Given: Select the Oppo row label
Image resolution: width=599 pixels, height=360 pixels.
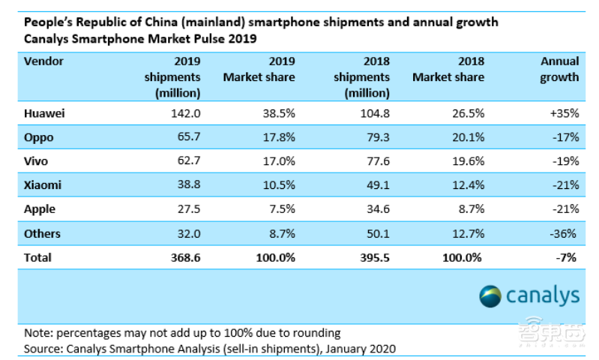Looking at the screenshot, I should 38,138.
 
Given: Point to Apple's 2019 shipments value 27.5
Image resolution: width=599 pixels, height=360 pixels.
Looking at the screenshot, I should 187,210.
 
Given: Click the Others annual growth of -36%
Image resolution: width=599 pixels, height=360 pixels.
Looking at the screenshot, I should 565,234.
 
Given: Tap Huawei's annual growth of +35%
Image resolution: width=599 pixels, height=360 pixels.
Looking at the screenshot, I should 563,114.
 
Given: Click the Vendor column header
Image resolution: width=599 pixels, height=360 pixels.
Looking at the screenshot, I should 43,61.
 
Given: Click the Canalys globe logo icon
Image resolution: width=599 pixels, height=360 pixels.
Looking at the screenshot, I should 492,295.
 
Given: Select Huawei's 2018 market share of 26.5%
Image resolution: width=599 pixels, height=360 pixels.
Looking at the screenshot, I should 468,114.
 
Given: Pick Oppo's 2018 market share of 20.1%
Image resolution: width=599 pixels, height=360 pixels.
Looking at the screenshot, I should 468,138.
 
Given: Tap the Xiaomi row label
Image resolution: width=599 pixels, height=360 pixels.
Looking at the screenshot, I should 42,186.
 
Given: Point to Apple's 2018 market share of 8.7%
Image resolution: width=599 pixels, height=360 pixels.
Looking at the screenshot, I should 471,210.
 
